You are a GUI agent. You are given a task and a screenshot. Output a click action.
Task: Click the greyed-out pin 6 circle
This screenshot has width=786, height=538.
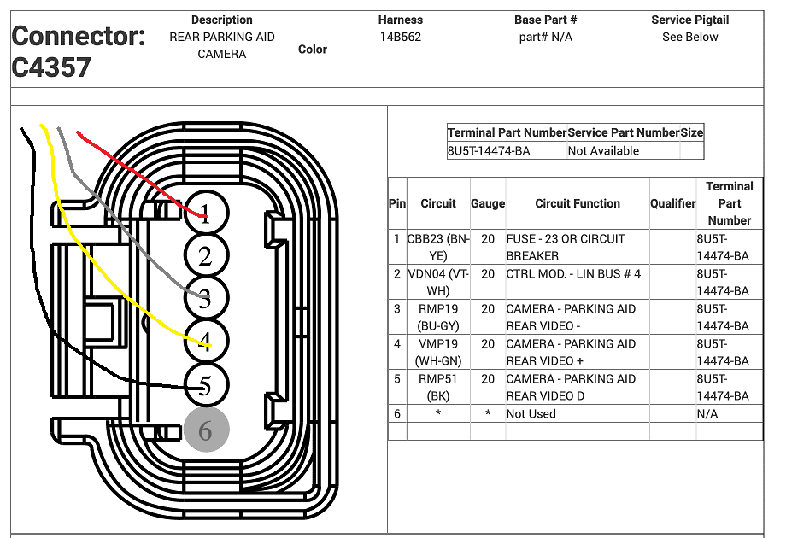(x=206, y=430)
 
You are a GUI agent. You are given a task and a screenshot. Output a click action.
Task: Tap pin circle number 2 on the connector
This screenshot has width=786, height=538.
(x=206, y=255)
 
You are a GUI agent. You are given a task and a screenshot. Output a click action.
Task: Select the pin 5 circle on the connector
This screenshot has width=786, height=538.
(x=206, y=385)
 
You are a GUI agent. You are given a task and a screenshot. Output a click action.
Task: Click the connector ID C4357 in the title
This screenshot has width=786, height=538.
(x=51, y=67)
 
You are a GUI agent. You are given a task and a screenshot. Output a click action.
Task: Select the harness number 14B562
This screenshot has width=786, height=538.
(x=401, y=37)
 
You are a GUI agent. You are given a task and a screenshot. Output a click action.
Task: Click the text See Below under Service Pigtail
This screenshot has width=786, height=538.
(x=689, y=37)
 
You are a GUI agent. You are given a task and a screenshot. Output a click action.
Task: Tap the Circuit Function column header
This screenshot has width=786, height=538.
(x=578, y=203)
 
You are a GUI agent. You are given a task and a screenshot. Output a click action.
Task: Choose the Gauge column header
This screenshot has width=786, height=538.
(x=488, y=203)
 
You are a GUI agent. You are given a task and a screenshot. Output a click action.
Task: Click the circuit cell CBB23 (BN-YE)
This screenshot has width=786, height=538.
(x=438, y=248)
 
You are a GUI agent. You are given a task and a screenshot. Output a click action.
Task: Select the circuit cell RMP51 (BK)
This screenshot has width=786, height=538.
(x=438, y=387)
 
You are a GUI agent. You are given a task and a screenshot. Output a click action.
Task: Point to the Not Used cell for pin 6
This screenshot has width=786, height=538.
(x=531, y=414)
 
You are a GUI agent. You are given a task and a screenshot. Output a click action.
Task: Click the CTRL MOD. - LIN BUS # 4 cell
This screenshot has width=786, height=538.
(x=573, y=274)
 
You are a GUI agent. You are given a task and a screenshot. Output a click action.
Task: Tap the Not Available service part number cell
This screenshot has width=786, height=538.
(x=603, y=151)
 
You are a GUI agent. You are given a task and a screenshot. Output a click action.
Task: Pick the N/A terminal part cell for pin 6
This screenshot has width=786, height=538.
(x=707, y=414)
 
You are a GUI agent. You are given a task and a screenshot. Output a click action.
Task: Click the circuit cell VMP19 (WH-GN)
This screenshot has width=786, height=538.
(x=438, y=352)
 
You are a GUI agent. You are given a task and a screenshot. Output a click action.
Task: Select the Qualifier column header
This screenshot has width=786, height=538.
(x=672, y=203)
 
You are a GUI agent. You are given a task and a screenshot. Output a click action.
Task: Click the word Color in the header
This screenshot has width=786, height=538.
(x=313, y=49)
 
